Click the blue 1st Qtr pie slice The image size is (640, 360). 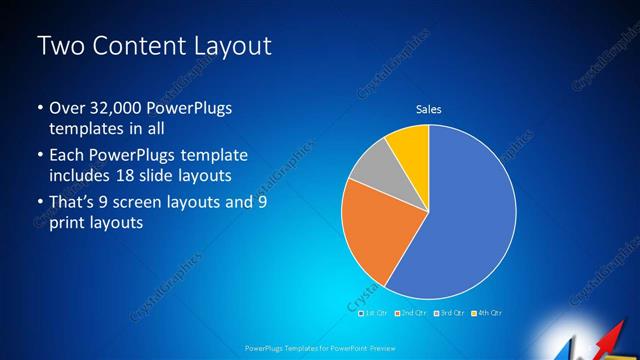point(470,215)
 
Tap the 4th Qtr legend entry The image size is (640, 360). point(489,313)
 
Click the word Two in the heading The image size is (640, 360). point(60,46)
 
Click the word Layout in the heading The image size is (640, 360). point(234,46)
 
